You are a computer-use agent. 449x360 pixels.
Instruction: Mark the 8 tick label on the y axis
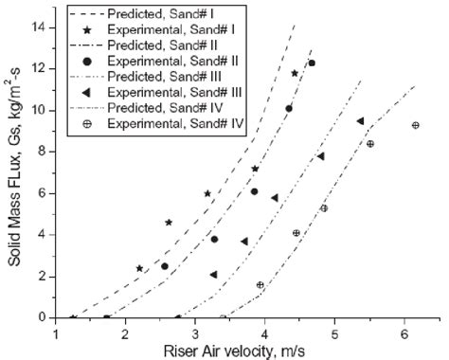point(43,152)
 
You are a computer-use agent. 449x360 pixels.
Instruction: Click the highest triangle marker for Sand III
point(360,121)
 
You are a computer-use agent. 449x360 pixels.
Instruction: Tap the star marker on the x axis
point(73,317)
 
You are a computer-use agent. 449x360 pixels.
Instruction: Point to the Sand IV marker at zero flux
point(224,317)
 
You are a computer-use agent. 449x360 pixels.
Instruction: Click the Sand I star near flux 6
point(207,193)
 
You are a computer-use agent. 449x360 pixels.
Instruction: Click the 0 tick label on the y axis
point(43,317)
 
